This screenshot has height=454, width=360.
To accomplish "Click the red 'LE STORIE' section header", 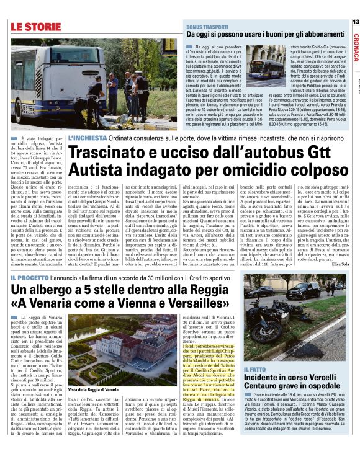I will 35,26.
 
